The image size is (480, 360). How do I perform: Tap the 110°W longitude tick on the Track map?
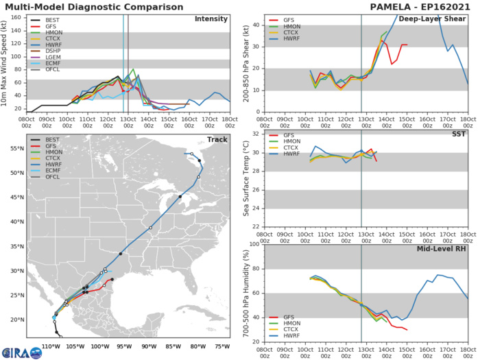[x=49, y=346]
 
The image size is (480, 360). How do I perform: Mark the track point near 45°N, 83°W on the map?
[x=180, y=197]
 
